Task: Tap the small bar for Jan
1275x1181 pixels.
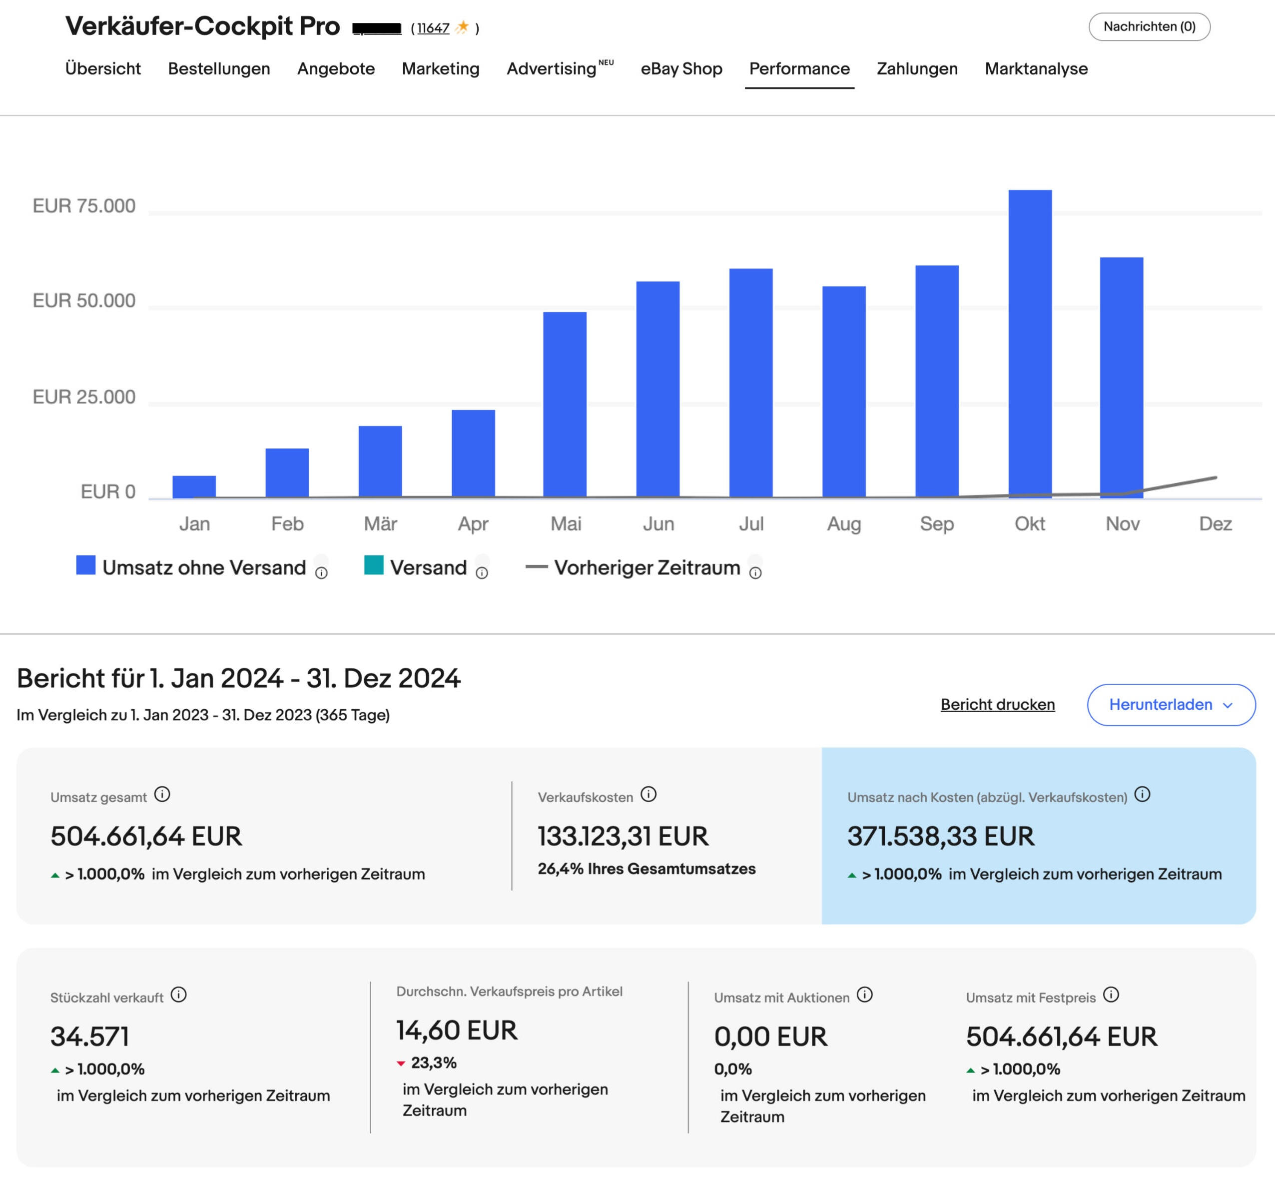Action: click(x=194, y=486)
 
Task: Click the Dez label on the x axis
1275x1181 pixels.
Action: click(x=1215, y=524)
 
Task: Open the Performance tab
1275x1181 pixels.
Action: click(x=799, y=69)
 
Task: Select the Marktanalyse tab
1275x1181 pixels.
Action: click(x=1036, y=69)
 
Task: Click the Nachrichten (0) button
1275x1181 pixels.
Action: click(x=1149, y=27)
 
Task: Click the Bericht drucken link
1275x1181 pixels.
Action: click(x=997, y=704)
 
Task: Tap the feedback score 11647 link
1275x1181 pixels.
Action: click(x=433, y=28)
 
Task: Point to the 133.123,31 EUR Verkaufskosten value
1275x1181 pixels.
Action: click(x=623, y=836)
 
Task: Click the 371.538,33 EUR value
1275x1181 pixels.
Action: click(x=940, y=836)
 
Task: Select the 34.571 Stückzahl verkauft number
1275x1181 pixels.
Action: click(x=90, y=1037)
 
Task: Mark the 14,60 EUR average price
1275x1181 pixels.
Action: click(x=457, y=1030)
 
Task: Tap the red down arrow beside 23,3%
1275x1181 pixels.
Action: click(x=401, y=1064)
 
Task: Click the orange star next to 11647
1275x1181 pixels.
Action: click(x=463, y=27)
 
